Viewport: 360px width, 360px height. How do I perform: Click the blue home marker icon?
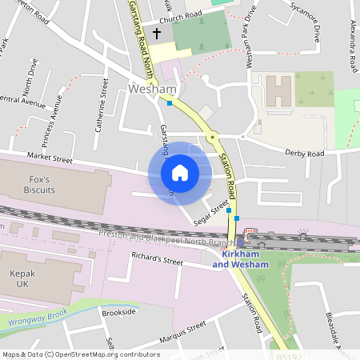(x=180, y=173)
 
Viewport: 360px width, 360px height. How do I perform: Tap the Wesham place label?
(x=147, y=90)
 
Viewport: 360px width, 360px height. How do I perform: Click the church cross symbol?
(x=157, y=34)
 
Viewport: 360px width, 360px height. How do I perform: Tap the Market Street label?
(x=50, y=160)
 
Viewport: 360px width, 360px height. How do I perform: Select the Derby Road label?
(x=305, y=153)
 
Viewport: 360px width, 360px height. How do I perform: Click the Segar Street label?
(x=212, y=210)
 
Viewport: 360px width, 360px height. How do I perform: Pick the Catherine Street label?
(x=102, y=104)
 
